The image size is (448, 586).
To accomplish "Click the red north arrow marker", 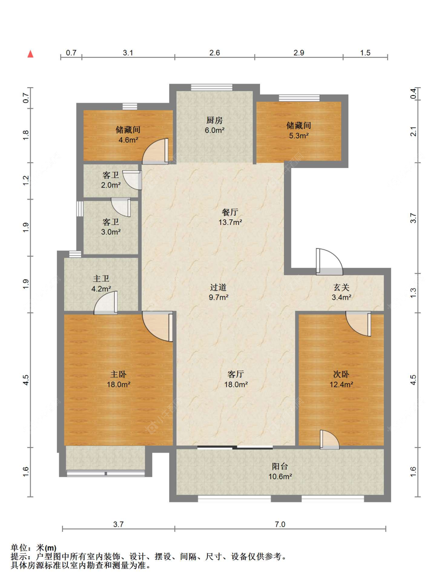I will tap(30, 54).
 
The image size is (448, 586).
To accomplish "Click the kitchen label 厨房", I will tap(214, 120).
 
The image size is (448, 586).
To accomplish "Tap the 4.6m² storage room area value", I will tap(128, 140).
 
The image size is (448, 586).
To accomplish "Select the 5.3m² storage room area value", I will tap(299, 136).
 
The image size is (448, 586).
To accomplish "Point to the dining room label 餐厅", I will tap(230, 212).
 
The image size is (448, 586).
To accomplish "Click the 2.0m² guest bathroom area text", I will tap(111, 185).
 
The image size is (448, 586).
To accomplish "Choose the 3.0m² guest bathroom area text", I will tap(111, 232).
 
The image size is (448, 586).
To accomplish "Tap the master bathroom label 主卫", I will tap(101, 279).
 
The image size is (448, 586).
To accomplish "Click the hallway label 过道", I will tap(218, 287).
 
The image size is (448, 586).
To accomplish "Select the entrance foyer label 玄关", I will tap(341, 287).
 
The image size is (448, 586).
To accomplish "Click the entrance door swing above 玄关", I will tap(329, 262).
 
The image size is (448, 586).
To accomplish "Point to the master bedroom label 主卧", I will tap(118, 374).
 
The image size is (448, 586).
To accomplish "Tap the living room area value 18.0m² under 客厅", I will tap(236, 385).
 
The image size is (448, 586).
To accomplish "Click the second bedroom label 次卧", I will tap(341, 374).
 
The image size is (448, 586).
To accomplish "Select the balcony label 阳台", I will tap(280, 466).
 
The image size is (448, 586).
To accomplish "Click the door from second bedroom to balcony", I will tap(329, 440).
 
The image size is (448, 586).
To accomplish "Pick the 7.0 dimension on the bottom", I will tap(280, 524).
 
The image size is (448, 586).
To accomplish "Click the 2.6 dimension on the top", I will tap(215, 53).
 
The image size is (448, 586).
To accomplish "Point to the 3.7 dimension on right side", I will tap(413, 218).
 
